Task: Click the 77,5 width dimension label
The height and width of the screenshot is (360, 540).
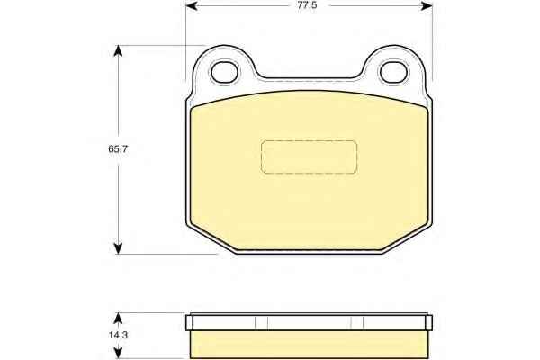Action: (x=307, y=5)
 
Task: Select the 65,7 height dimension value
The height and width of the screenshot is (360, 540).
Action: (x=118, y=149)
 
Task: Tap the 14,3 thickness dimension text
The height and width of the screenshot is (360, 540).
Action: (x=118, y=335)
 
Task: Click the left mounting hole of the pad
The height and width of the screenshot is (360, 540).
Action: (x=224, y=72)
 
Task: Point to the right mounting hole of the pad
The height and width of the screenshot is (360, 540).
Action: (x=393, y=72)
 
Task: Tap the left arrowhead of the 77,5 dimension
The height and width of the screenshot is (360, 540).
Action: (x=192, y=6)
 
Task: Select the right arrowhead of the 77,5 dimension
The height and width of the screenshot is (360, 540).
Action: (x=427, y=6)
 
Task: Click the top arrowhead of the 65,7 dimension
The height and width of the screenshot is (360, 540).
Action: (x=118, y=51)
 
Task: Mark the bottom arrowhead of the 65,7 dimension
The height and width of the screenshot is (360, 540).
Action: (x=118, y=248)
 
